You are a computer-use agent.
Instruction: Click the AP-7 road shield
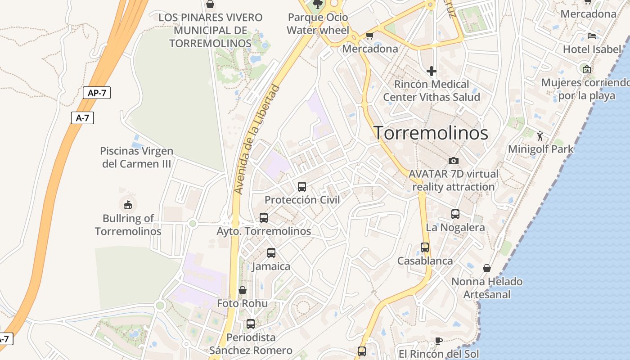click(97, 93)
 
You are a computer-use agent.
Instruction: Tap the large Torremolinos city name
click(431, 133)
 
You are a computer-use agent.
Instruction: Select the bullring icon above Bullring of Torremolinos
click(128, 205)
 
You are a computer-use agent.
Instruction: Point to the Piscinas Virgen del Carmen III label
click(137, 157)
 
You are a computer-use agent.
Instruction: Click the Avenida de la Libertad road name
click(257, 139)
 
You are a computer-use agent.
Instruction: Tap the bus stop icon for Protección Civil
click(302, 186)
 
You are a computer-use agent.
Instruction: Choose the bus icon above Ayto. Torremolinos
click(264, 218)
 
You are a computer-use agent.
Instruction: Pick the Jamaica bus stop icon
click(271, 253)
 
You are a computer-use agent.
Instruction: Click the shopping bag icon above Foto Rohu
click(243, 290)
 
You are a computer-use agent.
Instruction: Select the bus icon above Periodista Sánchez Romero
click(251, 324)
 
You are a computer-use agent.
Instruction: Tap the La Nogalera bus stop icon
click(455, 214)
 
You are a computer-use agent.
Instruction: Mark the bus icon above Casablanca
click(425, 247)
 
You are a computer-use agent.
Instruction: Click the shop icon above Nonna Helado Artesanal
click(486, 269)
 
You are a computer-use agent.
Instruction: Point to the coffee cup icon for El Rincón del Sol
click(438, 341)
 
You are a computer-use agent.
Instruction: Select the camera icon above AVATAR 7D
click(454, 161)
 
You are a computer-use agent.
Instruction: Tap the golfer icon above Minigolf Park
click(540, 135)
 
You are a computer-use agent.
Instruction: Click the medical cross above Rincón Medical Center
click(432, 71)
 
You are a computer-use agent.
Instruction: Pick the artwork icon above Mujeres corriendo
click(586, 69)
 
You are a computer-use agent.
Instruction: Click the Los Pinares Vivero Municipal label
click(211, 30)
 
